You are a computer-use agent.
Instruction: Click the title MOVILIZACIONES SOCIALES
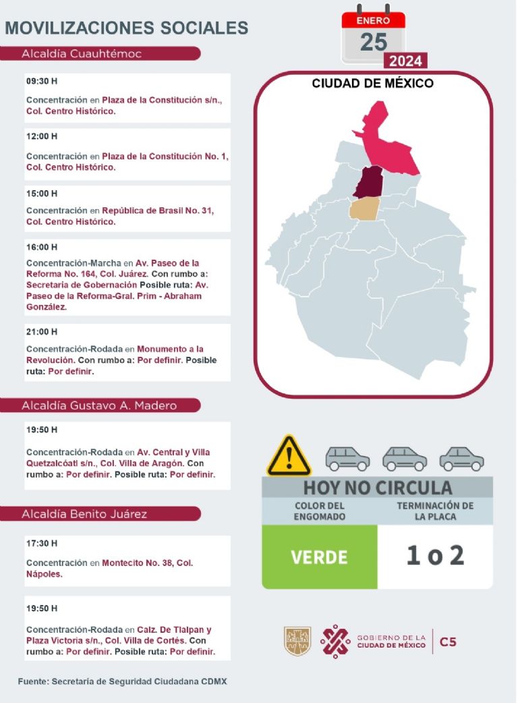127,28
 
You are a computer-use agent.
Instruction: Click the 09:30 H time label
42,81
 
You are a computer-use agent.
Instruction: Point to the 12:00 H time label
42,136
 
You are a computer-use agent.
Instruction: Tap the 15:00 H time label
42,194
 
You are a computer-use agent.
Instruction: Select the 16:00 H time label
42,247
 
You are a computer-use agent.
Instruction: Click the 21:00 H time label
42,332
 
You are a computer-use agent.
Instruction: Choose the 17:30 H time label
42,543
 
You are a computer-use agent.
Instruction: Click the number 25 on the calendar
373,42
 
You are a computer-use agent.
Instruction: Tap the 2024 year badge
405,61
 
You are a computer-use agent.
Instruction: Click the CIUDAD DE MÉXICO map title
372,84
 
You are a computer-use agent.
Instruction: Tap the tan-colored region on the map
365,208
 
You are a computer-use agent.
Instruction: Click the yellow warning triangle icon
289,456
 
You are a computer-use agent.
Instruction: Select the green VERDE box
319,557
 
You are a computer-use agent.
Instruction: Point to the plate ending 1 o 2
435,556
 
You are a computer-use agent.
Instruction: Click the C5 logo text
448,642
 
